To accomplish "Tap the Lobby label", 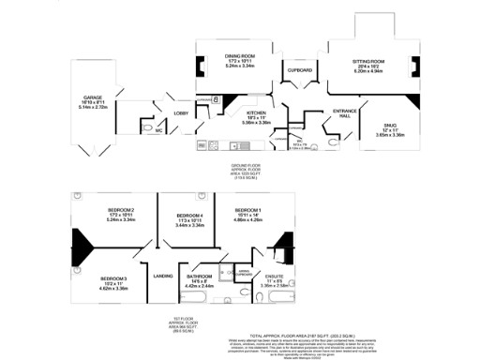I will [x=180, y=112].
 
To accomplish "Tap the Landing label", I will [x=163, y=275].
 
